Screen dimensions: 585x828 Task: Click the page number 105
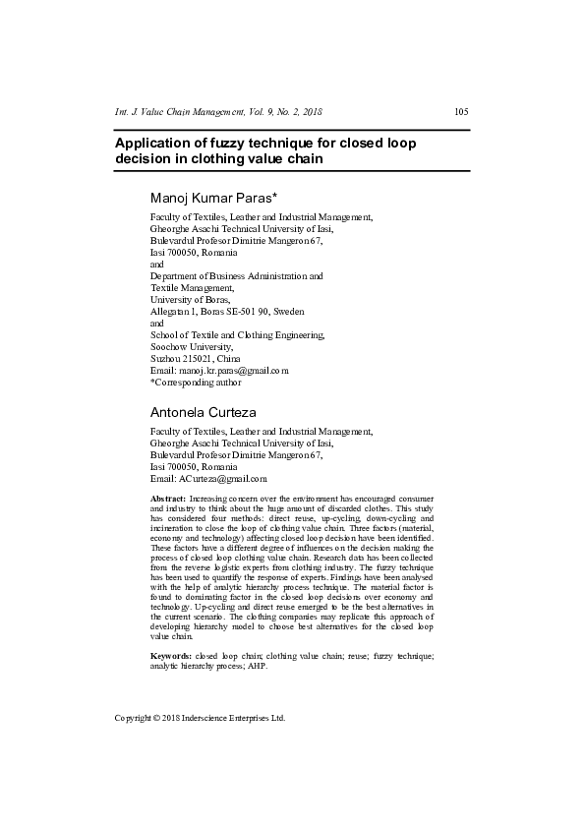click(461, 111)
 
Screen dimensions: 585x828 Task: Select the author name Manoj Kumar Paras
click(214, 199)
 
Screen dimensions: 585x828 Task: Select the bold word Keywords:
click(171, 655)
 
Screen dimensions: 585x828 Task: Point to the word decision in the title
click(145, 159)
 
